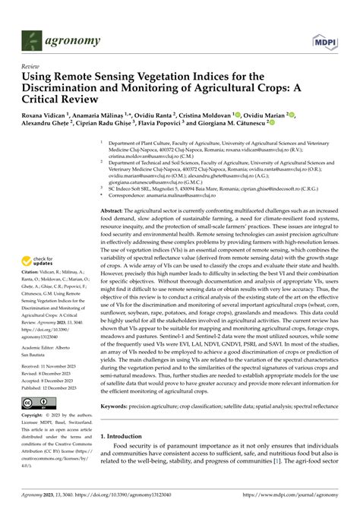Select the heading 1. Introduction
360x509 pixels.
point(127,438)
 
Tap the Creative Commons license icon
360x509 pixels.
point(37,402)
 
